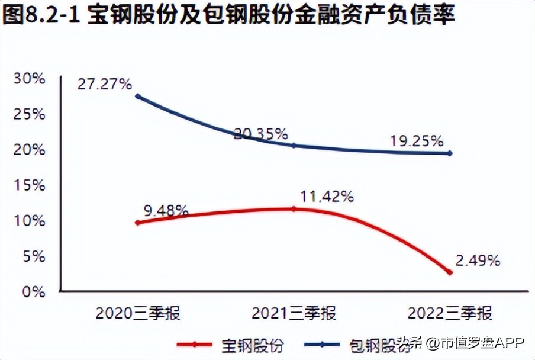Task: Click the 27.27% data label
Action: click(104, 84)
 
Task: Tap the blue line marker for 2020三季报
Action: click(138, 96)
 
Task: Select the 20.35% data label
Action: click(260, 133)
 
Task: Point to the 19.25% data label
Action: click(417, 141)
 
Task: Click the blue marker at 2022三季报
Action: click(450, 153)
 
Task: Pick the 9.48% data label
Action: click(166, 210)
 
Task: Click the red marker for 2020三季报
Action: click(138, 223)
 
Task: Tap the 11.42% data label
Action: click(327, 197)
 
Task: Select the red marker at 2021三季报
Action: click(294, 208)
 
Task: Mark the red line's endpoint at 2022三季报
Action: click(450, 272)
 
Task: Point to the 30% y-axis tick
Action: click(30, 78)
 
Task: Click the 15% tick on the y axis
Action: click(30, 185)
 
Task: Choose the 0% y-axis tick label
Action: click(33, 291)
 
